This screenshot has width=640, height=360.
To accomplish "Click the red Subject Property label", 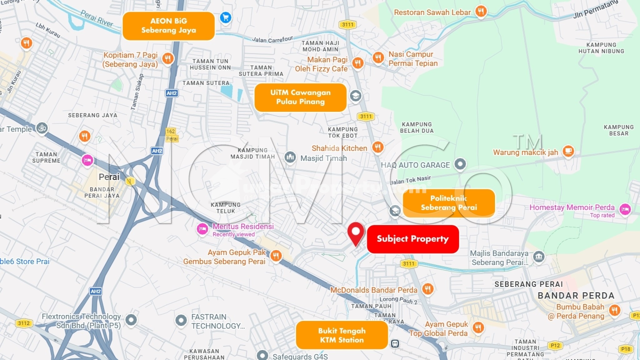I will tap(412, 239).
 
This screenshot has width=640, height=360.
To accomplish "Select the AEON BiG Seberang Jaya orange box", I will tap(168, 26).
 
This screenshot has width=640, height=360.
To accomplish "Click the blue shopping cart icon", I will tap(226, 17).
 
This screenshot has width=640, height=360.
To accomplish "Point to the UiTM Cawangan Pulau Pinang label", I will tap(300, 97).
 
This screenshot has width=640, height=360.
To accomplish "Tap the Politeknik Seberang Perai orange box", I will tap(449, 203).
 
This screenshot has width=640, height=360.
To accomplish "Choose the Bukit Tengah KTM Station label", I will tap(342, 335).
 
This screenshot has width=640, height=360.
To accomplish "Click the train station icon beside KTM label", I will tap(395, 344).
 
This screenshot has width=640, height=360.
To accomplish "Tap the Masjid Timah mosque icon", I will tap(290, 157).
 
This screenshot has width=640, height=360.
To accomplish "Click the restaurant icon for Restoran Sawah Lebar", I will tap(481, 12).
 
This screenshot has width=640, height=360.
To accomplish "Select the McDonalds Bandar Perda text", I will tap(374, 290).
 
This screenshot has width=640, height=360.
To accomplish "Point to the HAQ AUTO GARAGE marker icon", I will tap(460, 164).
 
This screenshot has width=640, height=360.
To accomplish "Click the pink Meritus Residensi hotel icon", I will tap(202, 229).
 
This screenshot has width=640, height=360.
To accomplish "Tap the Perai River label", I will tap(97, 18).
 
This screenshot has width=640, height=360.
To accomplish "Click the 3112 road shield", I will tap(24, 323).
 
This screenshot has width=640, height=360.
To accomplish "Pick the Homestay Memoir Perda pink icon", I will tap(625, 209).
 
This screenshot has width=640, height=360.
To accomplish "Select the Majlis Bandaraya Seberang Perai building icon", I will tap(539, 257).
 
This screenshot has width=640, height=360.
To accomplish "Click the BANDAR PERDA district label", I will tap(576, 296).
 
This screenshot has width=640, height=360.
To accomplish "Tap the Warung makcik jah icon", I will tap(568, 151).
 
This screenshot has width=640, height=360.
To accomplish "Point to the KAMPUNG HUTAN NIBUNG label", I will tap(601, 48).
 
